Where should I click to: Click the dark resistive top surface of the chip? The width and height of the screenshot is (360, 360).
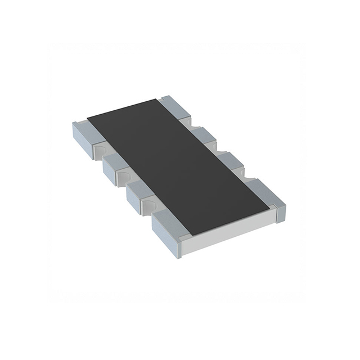click(177, 166)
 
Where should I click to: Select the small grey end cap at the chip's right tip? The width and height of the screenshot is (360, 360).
click(280, 213)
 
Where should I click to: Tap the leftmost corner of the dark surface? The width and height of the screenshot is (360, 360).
click(88, 119)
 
